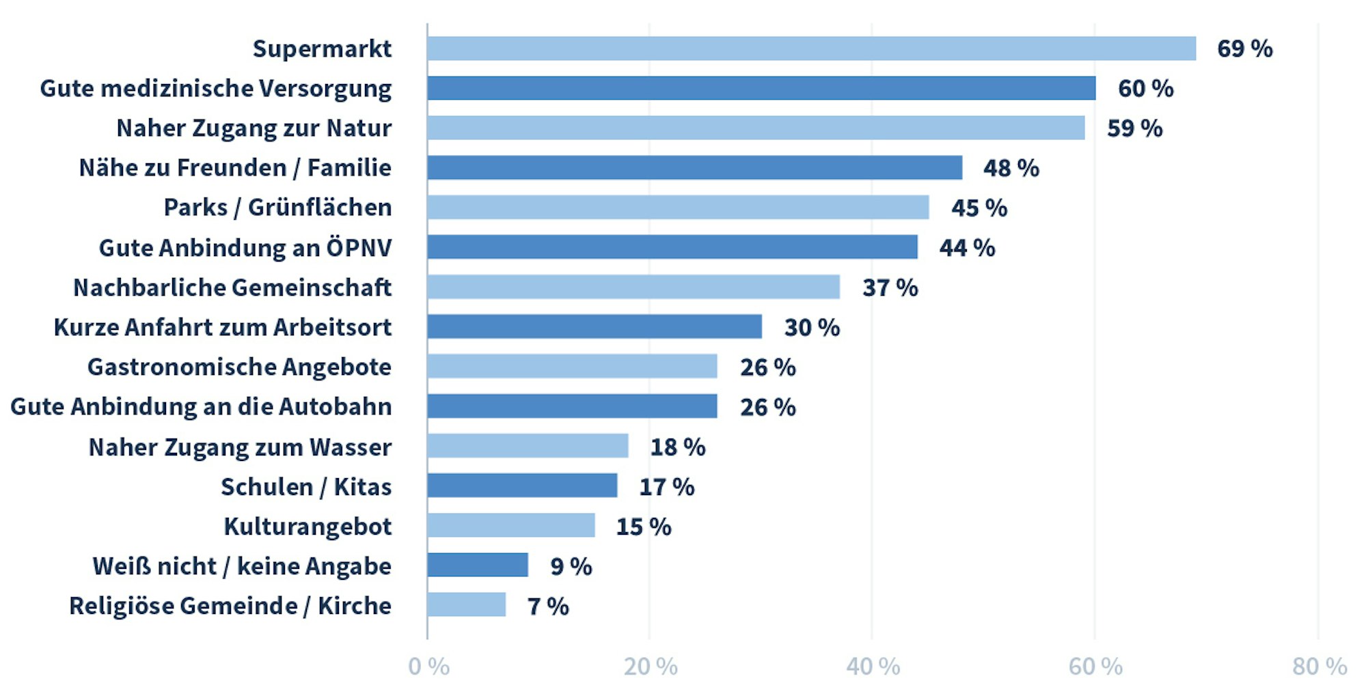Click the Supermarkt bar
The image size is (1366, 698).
[x=811, y=48]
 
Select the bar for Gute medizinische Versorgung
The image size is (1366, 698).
[x=761, y=88]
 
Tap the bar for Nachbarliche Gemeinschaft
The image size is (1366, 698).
[x=633, y=287]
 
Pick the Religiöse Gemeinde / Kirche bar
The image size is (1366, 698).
[x=467, y=605]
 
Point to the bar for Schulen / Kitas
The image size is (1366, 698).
[x=522, y=486]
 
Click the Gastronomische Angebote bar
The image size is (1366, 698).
[x=572, y=366]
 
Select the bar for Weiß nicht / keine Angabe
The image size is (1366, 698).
[x=478, y=565]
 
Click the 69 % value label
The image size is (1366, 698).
[x=1244, y=48]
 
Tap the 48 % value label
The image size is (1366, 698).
[x=1011, y=168]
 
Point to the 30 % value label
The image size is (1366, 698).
[x=812, y=327]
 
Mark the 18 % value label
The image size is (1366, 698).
[x=677, y=447]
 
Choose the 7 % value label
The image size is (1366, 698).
[x=548, y=606]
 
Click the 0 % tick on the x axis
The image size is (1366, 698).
[x=428, y=666]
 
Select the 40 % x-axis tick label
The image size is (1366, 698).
[x=873, y=666]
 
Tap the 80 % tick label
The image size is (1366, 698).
[x=1319, y=666]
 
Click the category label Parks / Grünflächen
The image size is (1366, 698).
[x=277, y=208]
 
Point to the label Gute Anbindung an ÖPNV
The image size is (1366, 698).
[x=245, y=247]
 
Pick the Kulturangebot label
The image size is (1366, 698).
[x=308, y=527]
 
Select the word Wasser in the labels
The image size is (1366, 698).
[x=351, y=447]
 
